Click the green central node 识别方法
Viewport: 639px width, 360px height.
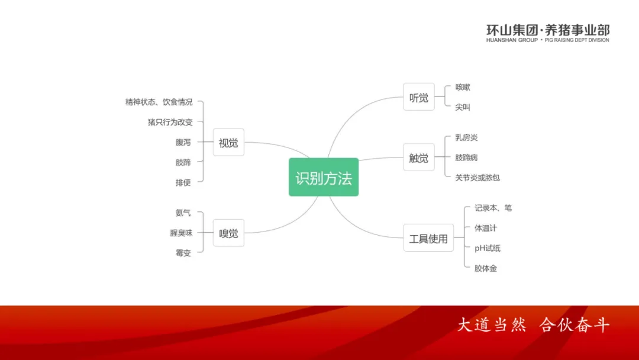[x=324, y=177]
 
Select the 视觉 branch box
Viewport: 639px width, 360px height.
[x=228, y=142]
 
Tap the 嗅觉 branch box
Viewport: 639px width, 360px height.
[x=228, y=233]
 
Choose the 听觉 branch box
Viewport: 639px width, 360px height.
[x=419, y=97]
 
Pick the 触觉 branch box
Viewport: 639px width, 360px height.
[x=419, y=157]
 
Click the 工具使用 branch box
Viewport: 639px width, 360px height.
[x=428, y=238]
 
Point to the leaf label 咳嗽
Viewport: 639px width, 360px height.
[x=463, y=87]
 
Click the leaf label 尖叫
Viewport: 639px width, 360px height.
[x=463, y=107]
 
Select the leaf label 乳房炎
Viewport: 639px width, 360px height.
[x=466, y=137]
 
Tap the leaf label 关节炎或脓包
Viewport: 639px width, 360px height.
[x=477, y=177]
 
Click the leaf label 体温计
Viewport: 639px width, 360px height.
[x=486, y=228]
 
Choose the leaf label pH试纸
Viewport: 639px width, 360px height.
[x=488, y=248]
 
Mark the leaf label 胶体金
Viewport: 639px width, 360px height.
[x=486, y=268]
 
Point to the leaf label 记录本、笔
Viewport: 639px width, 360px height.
[x=493, y=208]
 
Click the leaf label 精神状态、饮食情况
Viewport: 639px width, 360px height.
[x=159, y=102]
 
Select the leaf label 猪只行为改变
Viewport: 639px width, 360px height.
[x=170, y=122]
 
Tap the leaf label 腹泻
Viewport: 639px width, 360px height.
[x=183, y=142]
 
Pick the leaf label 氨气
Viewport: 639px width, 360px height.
[x=183, y=213]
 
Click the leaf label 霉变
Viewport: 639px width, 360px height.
[x=183, y=253]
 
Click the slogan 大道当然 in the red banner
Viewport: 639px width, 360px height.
[x=491, y=325]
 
